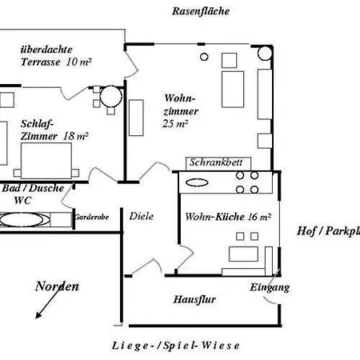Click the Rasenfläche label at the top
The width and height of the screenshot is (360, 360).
201,11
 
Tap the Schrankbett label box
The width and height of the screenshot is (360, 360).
218,163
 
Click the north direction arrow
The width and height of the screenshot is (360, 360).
48,302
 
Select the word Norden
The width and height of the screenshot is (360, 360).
57,286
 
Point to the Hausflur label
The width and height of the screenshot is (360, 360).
194,299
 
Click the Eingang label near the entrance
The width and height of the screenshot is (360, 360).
270,287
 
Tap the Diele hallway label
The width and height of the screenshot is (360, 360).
142,216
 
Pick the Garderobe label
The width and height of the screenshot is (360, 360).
91,217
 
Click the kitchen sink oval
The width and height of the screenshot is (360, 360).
197,182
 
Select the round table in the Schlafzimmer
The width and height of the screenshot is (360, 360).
111,97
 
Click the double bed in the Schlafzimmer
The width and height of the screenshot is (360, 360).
46,161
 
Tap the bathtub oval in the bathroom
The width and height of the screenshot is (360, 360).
22,220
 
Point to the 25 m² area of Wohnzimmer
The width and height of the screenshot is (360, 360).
175,124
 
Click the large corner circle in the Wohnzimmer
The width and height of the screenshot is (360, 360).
265,53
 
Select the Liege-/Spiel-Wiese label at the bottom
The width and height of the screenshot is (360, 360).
175,346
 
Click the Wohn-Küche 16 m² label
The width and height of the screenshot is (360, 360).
228,217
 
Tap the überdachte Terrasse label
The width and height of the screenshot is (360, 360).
56,56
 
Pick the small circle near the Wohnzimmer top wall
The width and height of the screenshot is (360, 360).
204,57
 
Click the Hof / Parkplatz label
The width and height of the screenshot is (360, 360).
328,231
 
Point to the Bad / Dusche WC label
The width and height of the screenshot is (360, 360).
33,194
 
